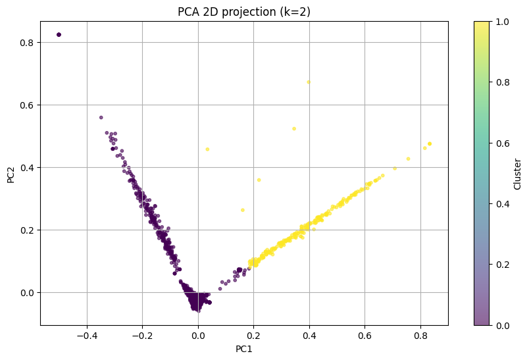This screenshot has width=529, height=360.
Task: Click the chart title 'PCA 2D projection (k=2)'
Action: click(x=243, y=12)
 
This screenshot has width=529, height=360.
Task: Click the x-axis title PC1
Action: click(x=243, y=349)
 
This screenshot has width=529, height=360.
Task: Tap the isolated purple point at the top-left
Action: click(x=59, y=34)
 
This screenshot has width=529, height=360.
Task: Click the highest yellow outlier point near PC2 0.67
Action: click(x=308, y=82)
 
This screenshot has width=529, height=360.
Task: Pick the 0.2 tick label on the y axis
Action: click(x=28, y=230)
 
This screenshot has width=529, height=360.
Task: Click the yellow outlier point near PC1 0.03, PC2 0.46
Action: click(x=207, y=149)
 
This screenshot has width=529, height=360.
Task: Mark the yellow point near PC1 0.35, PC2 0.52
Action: click(x=294, y=128)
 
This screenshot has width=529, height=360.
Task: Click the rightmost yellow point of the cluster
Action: click(x=430, y=143)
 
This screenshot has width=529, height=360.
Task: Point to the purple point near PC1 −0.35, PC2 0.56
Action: click(x=101, y=117)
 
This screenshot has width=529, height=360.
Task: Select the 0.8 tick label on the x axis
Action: click(x=421, y=336)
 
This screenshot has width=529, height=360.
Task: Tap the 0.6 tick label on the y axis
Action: click(x=28, y=105)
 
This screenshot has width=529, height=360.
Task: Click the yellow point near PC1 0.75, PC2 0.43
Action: click(x=408, y=159)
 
